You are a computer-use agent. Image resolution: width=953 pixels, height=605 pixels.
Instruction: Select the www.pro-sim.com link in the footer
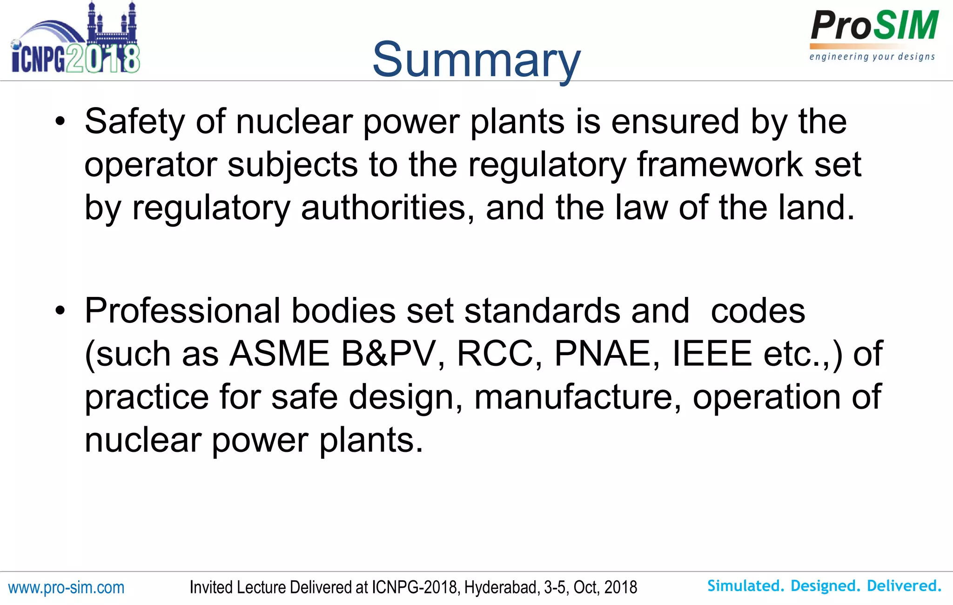coord(67,588)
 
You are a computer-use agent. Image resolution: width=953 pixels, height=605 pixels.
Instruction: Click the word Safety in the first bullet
coord(134,121)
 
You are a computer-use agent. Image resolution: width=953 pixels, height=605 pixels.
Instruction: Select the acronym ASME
coord(280,354)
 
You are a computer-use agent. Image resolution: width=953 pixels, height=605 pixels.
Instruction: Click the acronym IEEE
coord(712,354)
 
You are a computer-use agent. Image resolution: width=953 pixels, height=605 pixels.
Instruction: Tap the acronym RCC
coord(495,354)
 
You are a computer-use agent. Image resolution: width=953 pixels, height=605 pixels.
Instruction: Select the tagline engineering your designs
coord(872,57)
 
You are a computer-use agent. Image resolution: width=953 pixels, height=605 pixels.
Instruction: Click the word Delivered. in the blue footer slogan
coord(904,586)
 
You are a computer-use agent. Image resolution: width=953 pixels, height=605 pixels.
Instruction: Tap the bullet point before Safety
coord(60,122)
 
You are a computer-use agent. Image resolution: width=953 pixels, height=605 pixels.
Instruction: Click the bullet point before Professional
coord(60,311)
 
